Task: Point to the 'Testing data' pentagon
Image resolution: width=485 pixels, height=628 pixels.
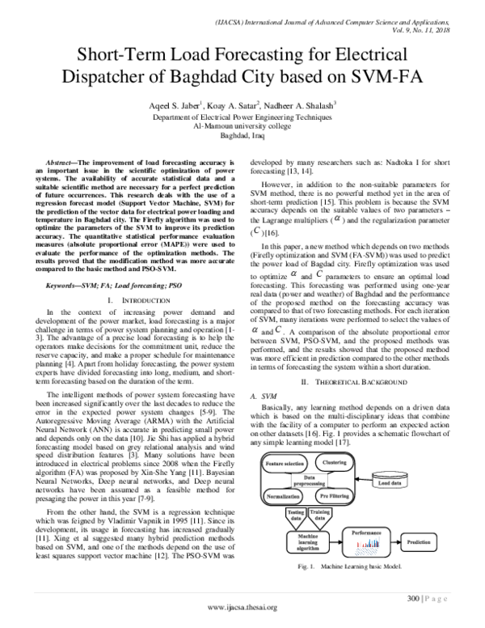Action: [x=272, y=514]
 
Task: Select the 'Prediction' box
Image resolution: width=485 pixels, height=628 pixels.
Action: [x=419, y=541]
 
